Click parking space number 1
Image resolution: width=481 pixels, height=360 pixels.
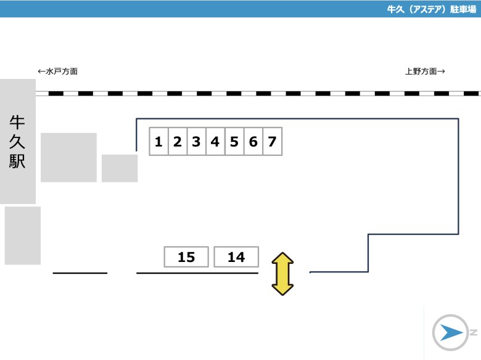point(158,141)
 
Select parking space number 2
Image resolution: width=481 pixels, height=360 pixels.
point(178,141)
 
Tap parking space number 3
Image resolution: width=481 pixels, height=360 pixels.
point(197,141)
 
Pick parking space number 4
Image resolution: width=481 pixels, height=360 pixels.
point(216,141)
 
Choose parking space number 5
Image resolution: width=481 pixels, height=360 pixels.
point(235,141)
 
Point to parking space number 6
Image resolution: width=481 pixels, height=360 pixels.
point(253,141)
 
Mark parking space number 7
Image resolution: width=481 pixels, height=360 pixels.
point(273,141)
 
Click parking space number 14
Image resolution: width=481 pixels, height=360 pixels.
point(236,257)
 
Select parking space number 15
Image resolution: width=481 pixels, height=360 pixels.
point(186,257)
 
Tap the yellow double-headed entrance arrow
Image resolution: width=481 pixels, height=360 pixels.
point(282,274)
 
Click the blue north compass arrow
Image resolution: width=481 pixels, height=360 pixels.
point(451,333)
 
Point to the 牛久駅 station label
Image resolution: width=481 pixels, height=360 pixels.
point(17,142)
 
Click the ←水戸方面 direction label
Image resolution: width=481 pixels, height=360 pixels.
point(58,72)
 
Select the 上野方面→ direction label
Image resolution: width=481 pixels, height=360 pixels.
point(425,72)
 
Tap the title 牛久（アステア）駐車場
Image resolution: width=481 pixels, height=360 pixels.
point(432,9)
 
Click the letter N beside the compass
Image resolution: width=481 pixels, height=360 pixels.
point(474,332)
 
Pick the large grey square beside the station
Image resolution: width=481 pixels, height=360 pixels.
point(68,158)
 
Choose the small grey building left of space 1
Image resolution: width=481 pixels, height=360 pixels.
point(120,168)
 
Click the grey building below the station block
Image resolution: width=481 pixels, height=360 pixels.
point(23,235)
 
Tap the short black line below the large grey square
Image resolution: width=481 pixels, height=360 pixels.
point(80,273)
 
